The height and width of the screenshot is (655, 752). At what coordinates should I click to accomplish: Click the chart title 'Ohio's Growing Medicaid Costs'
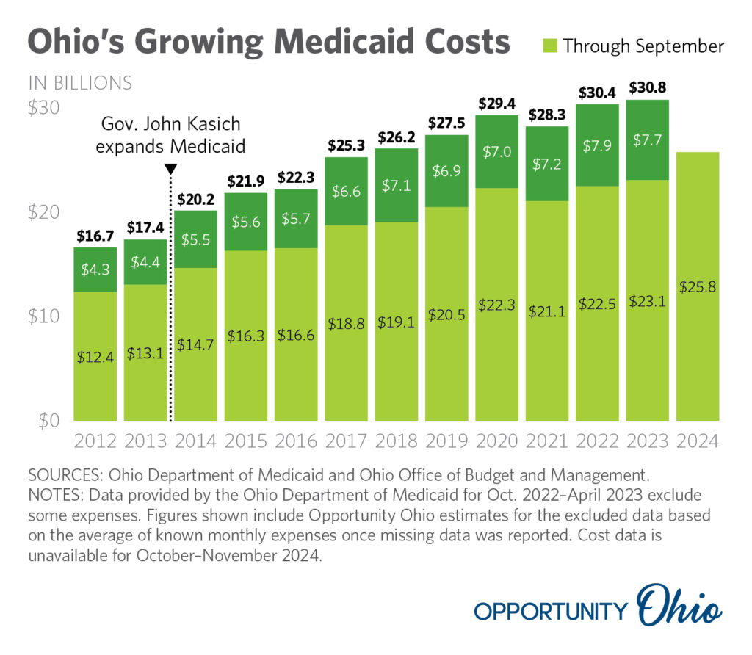268,43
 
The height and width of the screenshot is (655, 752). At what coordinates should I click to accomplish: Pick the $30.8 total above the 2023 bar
648,87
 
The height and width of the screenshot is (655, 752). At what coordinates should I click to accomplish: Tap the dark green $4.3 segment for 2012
95,269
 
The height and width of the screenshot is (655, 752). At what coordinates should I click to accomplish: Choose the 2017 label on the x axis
346,441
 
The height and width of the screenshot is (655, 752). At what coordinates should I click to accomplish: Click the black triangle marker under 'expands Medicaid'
170,169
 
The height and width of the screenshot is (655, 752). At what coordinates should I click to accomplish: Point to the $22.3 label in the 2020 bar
496,305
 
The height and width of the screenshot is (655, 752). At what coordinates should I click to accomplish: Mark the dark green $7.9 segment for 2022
597,145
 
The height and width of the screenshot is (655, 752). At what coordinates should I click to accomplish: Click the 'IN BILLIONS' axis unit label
80,83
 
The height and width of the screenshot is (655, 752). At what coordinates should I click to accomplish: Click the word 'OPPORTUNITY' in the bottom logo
551,611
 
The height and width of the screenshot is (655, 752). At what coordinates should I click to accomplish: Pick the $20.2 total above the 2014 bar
195,198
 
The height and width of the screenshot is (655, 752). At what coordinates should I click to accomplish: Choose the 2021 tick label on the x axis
546,441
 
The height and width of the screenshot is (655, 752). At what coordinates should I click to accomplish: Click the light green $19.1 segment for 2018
396,321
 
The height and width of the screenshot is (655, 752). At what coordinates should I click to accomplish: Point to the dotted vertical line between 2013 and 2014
170,308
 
